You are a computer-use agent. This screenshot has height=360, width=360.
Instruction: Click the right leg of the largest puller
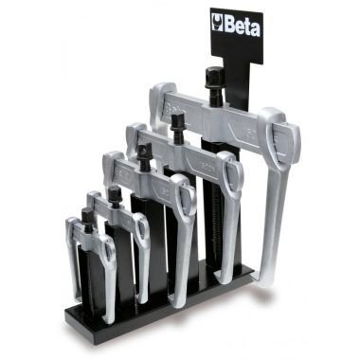tap(277, 199)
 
